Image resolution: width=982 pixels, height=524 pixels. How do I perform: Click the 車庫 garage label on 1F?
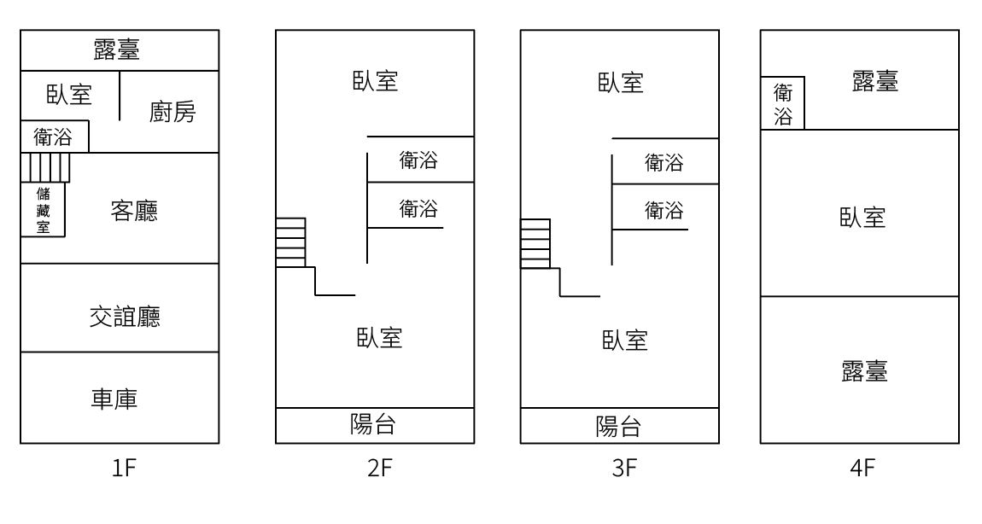point(114,399)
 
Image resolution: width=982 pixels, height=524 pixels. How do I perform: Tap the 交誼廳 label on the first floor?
point(125,317)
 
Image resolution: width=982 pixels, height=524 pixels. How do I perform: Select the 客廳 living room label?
point(134,211)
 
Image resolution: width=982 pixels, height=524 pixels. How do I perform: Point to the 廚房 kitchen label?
point(172,112)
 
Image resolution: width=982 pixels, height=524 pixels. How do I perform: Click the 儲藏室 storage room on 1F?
point(43,210)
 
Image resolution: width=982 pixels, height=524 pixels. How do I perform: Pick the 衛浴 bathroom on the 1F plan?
point(55,137)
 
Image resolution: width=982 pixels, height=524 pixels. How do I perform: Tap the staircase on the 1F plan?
point(45,167)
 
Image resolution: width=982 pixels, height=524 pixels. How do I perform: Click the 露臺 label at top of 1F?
point(116,49)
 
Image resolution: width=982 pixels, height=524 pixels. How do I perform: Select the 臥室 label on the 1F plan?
point(69,96)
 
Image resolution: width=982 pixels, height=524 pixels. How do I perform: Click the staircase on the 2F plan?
point(290,243)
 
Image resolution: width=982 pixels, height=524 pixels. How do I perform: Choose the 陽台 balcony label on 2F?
point(373,424)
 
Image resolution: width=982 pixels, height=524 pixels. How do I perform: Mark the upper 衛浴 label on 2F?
point(419,160)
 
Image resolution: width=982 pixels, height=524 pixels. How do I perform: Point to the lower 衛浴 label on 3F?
point(663,210)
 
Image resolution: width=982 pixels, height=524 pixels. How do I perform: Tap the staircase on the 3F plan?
point(535,243)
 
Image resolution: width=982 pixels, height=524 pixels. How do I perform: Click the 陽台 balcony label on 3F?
point(619,427)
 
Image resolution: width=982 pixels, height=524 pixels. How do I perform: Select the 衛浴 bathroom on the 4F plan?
point(783,103)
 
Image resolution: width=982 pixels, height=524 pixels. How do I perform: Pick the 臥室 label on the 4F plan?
point(862,218)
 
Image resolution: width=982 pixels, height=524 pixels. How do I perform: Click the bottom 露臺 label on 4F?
point(865,371)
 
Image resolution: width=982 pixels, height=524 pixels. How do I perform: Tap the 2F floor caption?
point(379,467)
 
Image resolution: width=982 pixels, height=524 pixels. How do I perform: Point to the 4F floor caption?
point(862,467)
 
